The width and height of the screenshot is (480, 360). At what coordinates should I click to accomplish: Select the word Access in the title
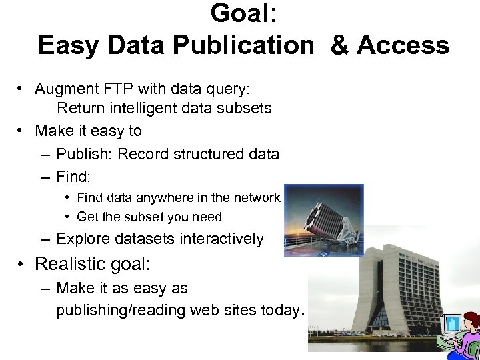point(403,45)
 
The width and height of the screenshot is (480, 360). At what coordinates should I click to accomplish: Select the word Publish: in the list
point(85,154)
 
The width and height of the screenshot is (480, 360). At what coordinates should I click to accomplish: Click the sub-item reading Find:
point(73,177)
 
